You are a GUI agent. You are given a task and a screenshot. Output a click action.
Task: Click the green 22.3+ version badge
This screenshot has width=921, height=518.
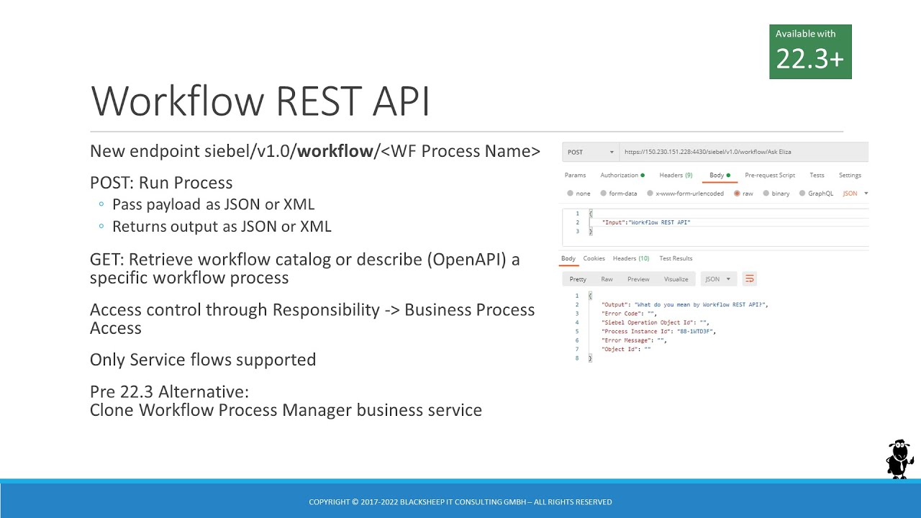point(810,52)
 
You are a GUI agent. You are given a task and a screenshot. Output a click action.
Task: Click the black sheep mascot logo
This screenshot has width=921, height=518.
point(899,458)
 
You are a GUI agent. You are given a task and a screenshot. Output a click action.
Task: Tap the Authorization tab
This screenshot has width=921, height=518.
point(622,175)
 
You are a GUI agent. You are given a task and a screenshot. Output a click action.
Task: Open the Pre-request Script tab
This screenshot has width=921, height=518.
point(770,175)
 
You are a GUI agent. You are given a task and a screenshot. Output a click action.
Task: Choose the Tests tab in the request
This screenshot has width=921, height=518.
point(817,175)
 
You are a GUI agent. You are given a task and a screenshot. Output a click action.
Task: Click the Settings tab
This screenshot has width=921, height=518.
point(850,175)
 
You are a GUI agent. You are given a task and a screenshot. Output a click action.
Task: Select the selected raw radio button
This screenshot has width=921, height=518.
point(738,194)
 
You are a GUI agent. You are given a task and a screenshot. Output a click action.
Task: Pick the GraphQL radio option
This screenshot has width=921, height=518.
point(802,194)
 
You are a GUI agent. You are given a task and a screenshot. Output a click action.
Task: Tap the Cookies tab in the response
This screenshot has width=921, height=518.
point(594,258)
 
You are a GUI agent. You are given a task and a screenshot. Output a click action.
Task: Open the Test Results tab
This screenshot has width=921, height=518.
point(676,258)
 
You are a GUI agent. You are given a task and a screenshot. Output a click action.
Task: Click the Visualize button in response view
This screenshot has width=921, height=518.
point(676,279)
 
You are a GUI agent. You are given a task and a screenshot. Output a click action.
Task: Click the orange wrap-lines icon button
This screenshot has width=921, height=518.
point(750,278)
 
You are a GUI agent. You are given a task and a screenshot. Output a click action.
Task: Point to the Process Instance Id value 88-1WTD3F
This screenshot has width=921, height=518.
point(697,332)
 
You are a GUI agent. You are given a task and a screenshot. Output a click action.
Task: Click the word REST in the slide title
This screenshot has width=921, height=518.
point(320,101)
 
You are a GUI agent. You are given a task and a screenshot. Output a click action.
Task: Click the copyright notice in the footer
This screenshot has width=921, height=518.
point(460,501)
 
